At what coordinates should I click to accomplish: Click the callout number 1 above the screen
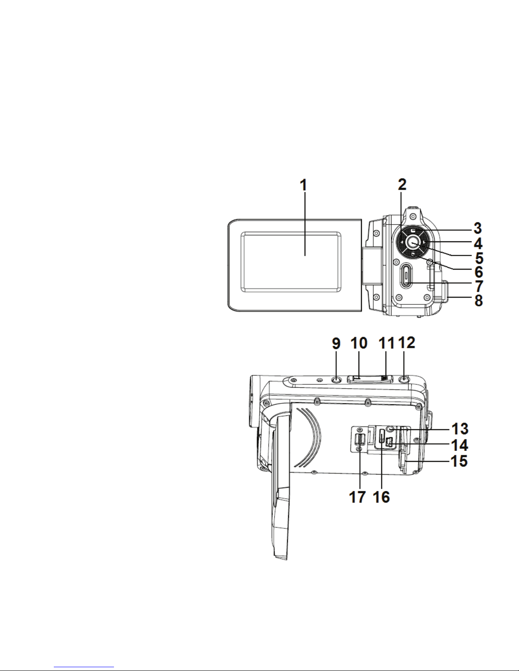[x=304, y=185]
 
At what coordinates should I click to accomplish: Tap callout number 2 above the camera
[x=402, y=184]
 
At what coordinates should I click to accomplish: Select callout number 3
[x=477, y=228]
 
